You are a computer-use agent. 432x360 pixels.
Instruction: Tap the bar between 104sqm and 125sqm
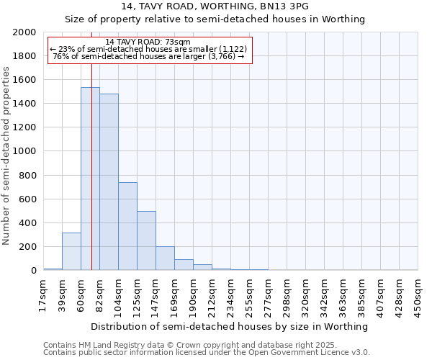tap(127, 226)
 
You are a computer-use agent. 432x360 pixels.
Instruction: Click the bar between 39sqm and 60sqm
tap(71, 251)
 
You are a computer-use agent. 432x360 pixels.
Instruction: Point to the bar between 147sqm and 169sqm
tap(165, 258)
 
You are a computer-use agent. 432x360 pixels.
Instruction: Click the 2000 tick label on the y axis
tap(25, 32)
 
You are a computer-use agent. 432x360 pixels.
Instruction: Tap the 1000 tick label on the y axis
tap(25, 152)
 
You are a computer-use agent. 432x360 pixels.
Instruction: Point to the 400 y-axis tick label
tap(28, 223)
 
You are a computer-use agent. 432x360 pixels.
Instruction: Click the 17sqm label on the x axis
tap(44, 292)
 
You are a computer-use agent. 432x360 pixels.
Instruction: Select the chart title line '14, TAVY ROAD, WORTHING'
tap(215, 6)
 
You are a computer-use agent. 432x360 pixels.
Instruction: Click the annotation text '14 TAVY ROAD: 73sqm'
tap(148, 42)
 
